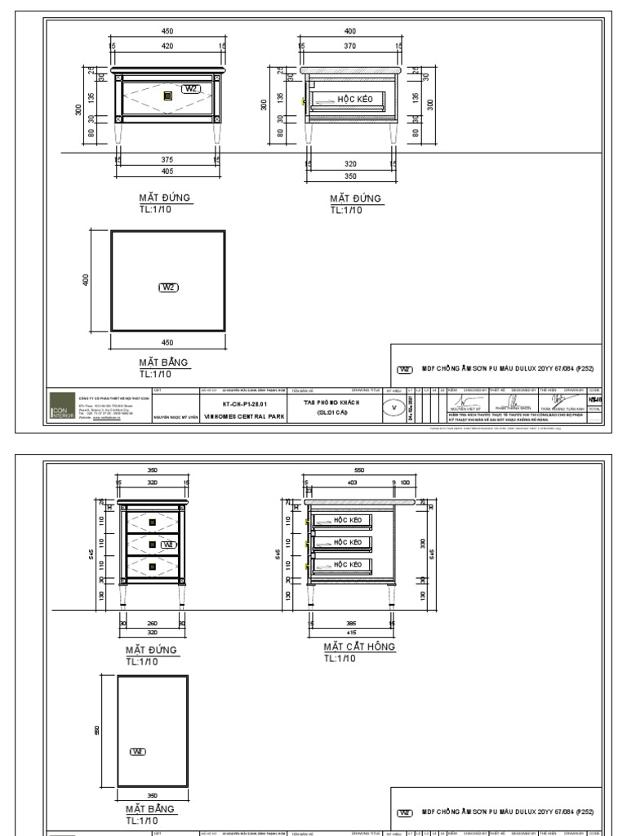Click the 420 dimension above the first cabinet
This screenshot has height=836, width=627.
tap(167, 47)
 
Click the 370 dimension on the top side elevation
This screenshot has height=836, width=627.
tap(351, 47)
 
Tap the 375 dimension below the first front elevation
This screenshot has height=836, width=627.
tap(167, 160)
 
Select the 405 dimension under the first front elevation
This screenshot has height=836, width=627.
tap(167, 171)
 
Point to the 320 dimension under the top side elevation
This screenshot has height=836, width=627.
tap(351, 163)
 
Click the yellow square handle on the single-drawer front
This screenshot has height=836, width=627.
tap(167, 96)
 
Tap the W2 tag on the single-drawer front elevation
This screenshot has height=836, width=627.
tap(191, 88)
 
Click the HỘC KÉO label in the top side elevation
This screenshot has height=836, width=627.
tap(354, 99)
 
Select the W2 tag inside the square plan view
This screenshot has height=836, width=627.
tap(167, 287)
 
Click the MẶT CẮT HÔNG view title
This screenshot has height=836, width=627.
tap(359, 646)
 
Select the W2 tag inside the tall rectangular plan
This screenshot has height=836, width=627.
tap(137, 751)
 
